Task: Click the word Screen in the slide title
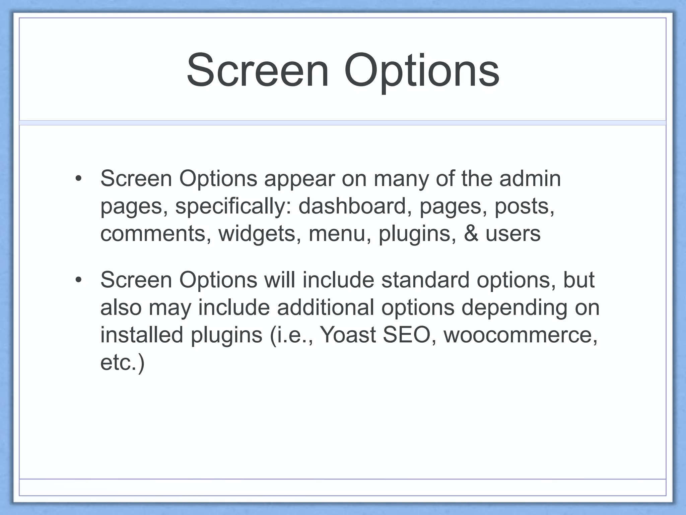click(x=258, y=71)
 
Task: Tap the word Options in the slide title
click(x=422, y=71)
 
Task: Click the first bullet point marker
click(x=78, y=178)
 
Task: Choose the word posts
click(x=525, y=206)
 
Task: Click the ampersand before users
click(x=471, y=234)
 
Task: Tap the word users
click(x=513, y=234)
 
